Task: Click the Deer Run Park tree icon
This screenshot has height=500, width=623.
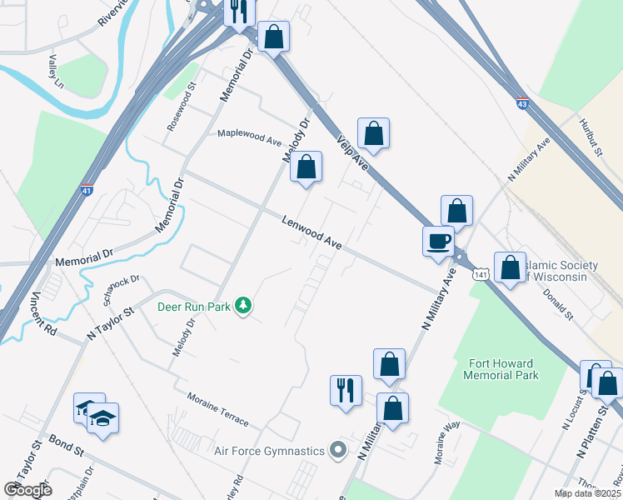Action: click(x=243, y=306)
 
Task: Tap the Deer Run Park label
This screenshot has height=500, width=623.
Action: click(x=193, y=307)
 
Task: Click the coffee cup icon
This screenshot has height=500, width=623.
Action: click(x=438, y=242)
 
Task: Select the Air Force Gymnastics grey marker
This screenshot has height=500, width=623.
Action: click(x=338, y=451)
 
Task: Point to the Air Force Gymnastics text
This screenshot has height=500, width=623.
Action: click(x=269, y=452)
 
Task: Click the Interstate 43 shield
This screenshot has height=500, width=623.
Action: click(x=521, y=103)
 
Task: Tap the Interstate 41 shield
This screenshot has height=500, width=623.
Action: click(x=87, y=191)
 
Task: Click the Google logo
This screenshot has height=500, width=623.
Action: click(x=27, y=490)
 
